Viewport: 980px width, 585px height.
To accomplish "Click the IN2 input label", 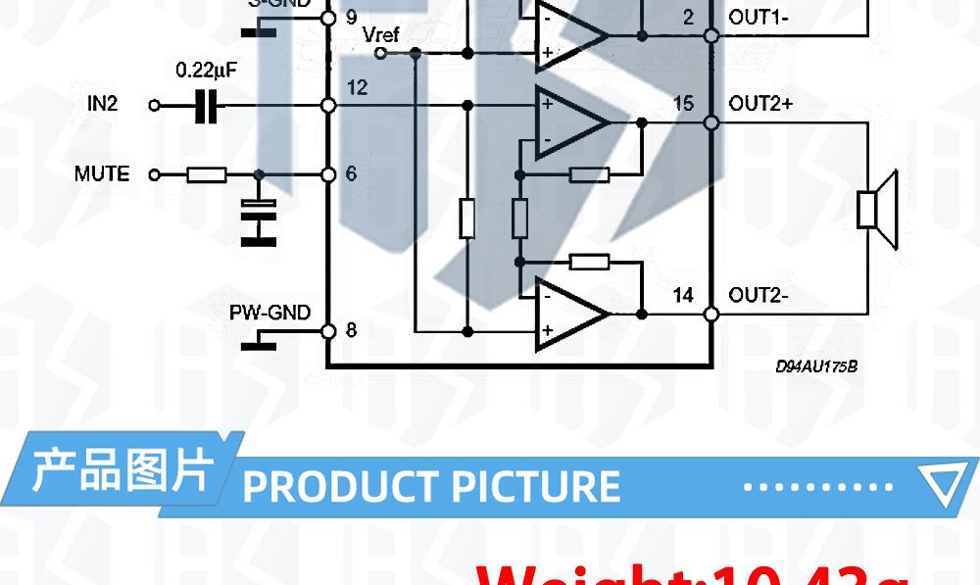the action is [x=102, y=103].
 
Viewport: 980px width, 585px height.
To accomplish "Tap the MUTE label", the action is [x=102, y=174].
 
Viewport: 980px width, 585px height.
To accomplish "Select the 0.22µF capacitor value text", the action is [x=206, y=71].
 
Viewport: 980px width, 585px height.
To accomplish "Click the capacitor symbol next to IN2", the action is [x=206, y=105].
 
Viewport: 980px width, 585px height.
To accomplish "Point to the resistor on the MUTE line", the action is [x=207, y=175].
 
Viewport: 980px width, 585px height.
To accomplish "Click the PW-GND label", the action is [x=269, y=313].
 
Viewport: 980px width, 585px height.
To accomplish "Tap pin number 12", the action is [x=357, y=88].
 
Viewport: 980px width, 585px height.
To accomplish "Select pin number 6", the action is [x=352, y=174].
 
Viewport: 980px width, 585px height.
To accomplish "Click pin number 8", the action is [x=352, y=330].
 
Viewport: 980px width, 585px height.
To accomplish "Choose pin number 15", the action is [x=683, y=103].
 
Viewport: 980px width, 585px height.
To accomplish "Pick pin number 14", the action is [x=683, y=295].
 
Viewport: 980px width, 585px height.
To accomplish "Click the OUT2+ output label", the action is [x=760, y=103].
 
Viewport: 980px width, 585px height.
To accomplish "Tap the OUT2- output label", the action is [x=759, y=295].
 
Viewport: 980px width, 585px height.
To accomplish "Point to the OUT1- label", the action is [x=759, y=17].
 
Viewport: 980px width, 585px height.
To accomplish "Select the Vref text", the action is [x=380, y=35].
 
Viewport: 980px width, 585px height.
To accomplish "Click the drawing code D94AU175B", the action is [x=816, y=366].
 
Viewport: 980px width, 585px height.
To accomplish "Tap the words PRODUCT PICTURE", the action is [x=431, y=486].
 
